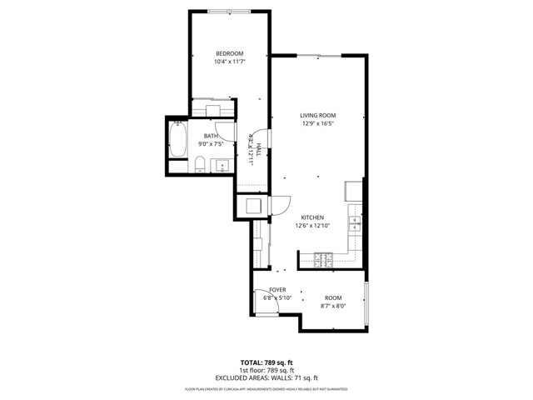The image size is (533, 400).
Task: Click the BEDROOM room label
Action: tap(229, 54)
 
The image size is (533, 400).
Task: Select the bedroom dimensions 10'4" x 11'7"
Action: tap(229, 62)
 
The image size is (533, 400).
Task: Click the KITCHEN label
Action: tap(312, 217)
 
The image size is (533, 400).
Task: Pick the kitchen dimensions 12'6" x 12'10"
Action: tap(312, 225)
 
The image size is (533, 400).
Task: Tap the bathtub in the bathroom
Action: tap(177, 140)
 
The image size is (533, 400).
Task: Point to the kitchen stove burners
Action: tap(322, 261)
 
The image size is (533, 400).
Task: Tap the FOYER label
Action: tap(277, 290)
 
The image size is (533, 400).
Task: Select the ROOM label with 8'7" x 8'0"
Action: tap(333, 297)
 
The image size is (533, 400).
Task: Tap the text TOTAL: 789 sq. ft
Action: tap(266, 362)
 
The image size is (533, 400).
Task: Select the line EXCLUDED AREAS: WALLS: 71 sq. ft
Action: tap(266, 378)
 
